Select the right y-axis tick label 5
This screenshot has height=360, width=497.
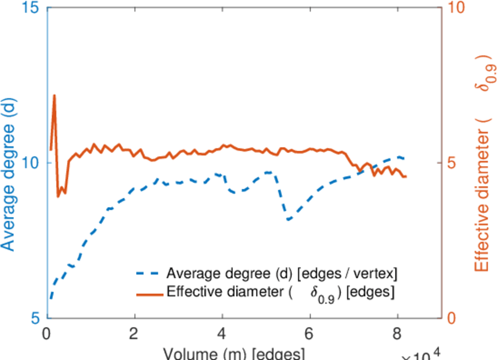(454, 163)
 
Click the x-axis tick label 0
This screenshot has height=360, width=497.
(47, 333)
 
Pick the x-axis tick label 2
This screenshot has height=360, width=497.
(135, 333)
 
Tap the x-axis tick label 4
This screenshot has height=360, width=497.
(222, 333)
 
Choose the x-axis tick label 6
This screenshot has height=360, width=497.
(310, 333)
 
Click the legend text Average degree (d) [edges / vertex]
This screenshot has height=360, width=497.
(282, 274)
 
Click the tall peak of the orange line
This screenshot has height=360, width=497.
(55, 95)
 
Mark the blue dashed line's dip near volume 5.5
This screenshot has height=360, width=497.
(289, 220)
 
